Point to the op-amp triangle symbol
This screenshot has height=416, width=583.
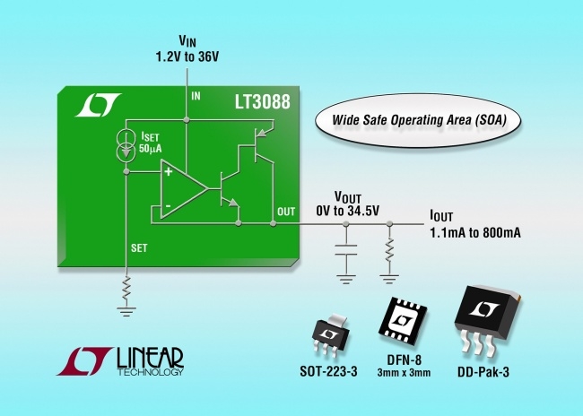(x=182, y=188)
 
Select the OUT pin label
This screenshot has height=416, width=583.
(x=285, y=211)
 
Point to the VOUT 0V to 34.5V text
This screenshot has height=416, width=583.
(x=342, y=204)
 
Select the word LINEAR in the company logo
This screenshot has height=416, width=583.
(x=149, y=358)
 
